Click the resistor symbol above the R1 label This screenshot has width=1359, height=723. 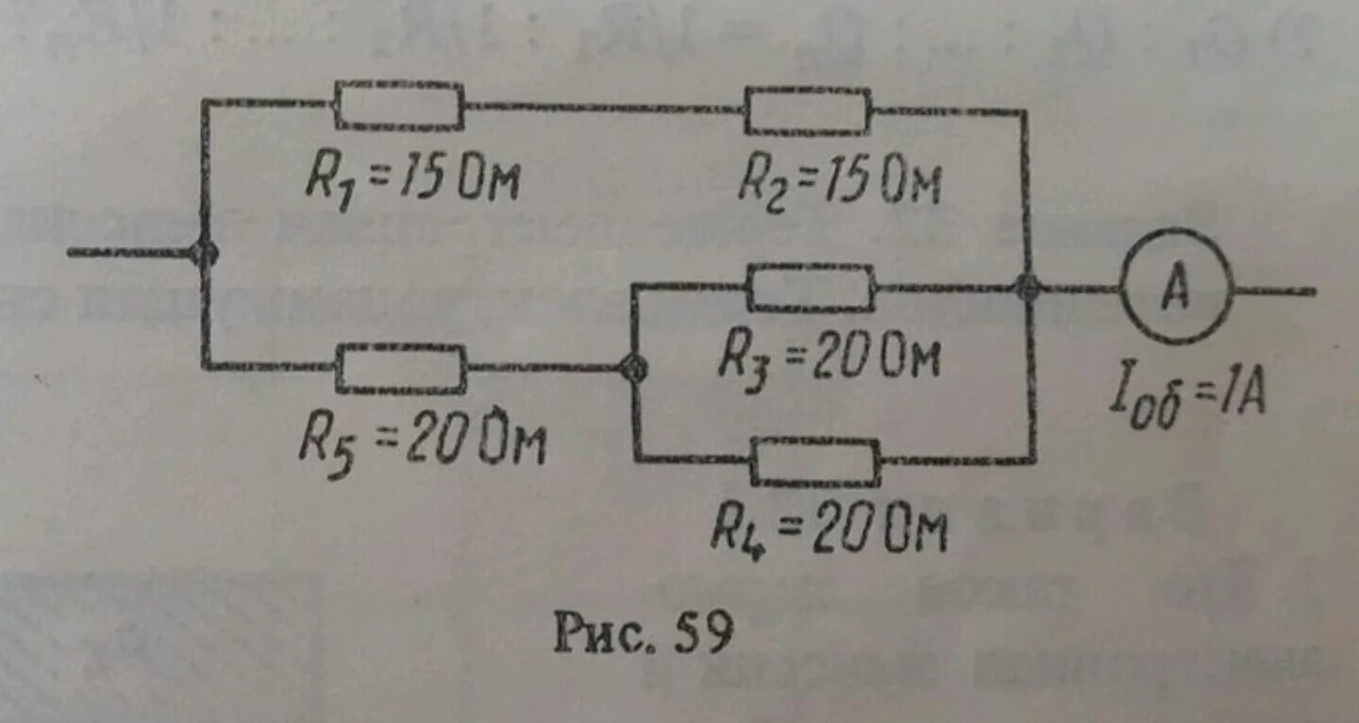399,105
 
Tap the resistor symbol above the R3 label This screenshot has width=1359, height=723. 811,287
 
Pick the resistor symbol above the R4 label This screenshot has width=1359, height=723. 815,462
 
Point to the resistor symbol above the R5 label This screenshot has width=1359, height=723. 401,368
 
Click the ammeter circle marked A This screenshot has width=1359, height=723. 1176,286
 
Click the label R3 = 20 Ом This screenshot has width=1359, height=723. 830,357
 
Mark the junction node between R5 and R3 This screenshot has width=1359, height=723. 633,369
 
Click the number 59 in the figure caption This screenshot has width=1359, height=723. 703,634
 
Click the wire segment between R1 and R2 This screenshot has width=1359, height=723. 604,108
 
